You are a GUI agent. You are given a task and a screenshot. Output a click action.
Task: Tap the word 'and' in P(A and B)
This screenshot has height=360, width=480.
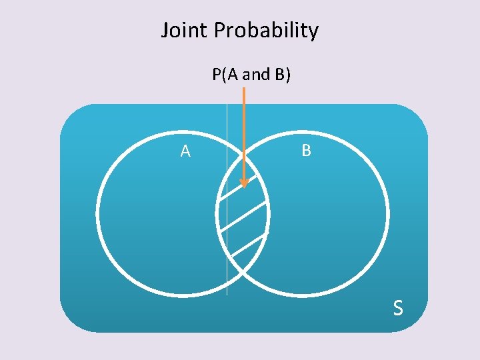click(256, 75)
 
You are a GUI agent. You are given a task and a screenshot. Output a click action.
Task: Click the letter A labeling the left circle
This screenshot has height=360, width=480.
click(185, 152)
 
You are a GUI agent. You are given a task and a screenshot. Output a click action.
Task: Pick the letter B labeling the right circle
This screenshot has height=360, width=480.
click(306, 151)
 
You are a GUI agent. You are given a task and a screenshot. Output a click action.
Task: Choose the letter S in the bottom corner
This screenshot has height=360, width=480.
click(397, 308)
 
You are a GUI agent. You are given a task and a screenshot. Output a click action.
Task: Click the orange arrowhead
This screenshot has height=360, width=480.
click(244, 182)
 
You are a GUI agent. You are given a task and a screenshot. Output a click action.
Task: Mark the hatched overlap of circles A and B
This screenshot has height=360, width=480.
click(243, 220)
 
